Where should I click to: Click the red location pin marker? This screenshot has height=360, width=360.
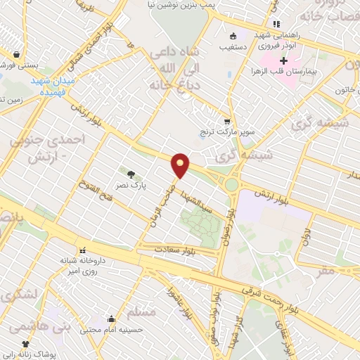181,165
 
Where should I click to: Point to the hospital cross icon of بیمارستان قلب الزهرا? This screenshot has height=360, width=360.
283,61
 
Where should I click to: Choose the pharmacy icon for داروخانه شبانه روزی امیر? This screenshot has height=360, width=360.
83,250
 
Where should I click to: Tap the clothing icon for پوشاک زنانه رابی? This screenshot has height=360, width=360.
26,345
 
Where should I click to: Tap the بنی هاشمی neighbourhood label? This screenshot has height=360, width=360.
30,326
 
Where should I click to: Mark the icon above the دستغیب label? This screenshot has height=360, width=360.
233,37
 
